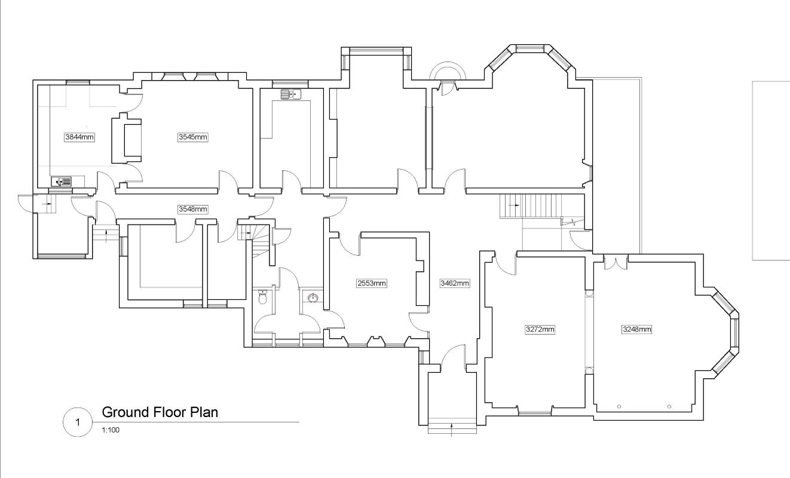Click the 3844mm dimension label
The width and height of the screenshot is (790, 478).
tap(79, 137)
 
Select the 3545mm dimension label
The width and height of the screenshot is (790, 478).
tap(193, 137)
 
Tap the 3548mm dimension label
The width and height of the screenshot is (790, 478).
tap(193, 209)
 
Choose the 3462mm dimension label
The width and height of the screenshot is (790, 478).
tap(455, 283)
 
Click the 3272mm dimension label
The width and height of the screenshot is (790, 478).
tap(540, 329)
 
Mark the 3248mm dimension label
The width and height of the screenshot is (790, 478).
tap(637, 329)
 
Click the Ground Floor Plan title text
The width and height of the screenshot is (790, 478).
tap(160, 412)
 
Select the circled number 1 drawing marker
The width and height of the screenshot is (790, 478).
tap(76, 422)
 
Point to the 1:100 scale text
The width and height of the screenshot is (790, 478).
tap(111, 429)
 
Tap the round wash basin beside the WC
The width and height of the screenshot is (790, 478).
tap(312, 296)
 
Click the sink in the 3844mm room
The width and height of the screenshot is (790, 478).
tap(61, 182)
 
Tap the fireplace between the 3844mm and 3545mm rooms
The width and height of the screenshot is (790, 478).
tap(128, 140)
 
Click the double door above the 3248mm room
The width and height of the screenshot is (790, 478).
tap(611, 262)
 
